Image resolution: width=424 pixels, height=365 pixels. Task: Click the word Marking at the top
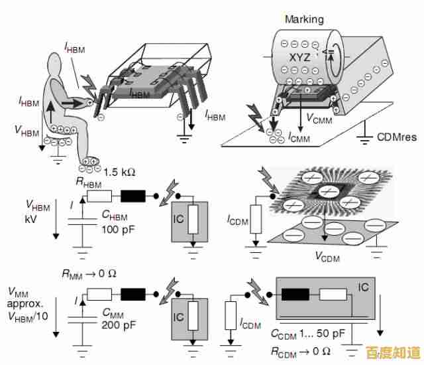coord(304,19)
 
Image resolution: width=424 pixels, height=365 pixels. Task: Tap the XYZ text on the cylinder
coord(299,57)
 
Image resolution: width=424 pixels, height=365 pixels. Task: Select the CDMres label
coord(397,138)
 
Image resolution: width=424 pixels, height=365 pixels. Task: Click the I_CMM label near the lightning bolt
coord(299,137)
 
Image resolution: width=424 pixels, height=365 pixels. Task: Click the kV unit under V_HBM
coord(30,218)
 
